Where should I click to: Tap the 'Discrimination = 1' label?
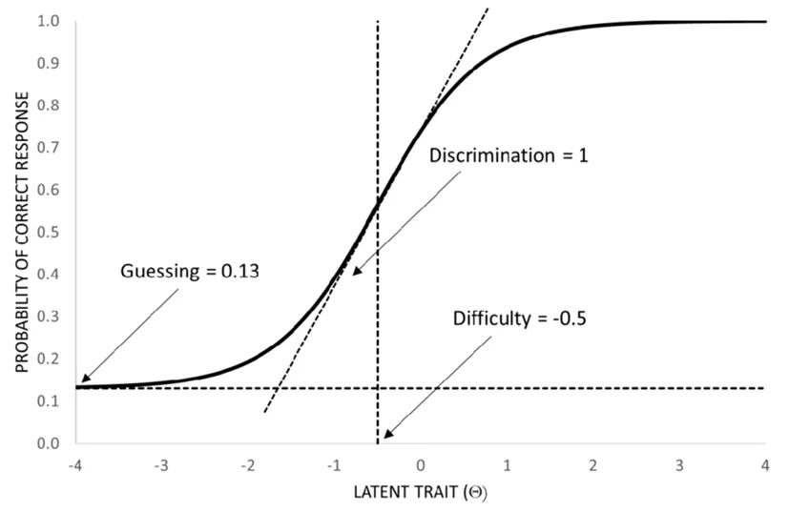507,155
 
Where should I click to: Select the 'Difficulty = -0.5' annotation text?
519,317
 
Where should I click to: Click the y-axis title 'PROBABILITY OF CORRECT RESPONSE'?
18,232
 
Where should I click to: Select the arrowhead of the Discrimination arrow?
356,273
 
